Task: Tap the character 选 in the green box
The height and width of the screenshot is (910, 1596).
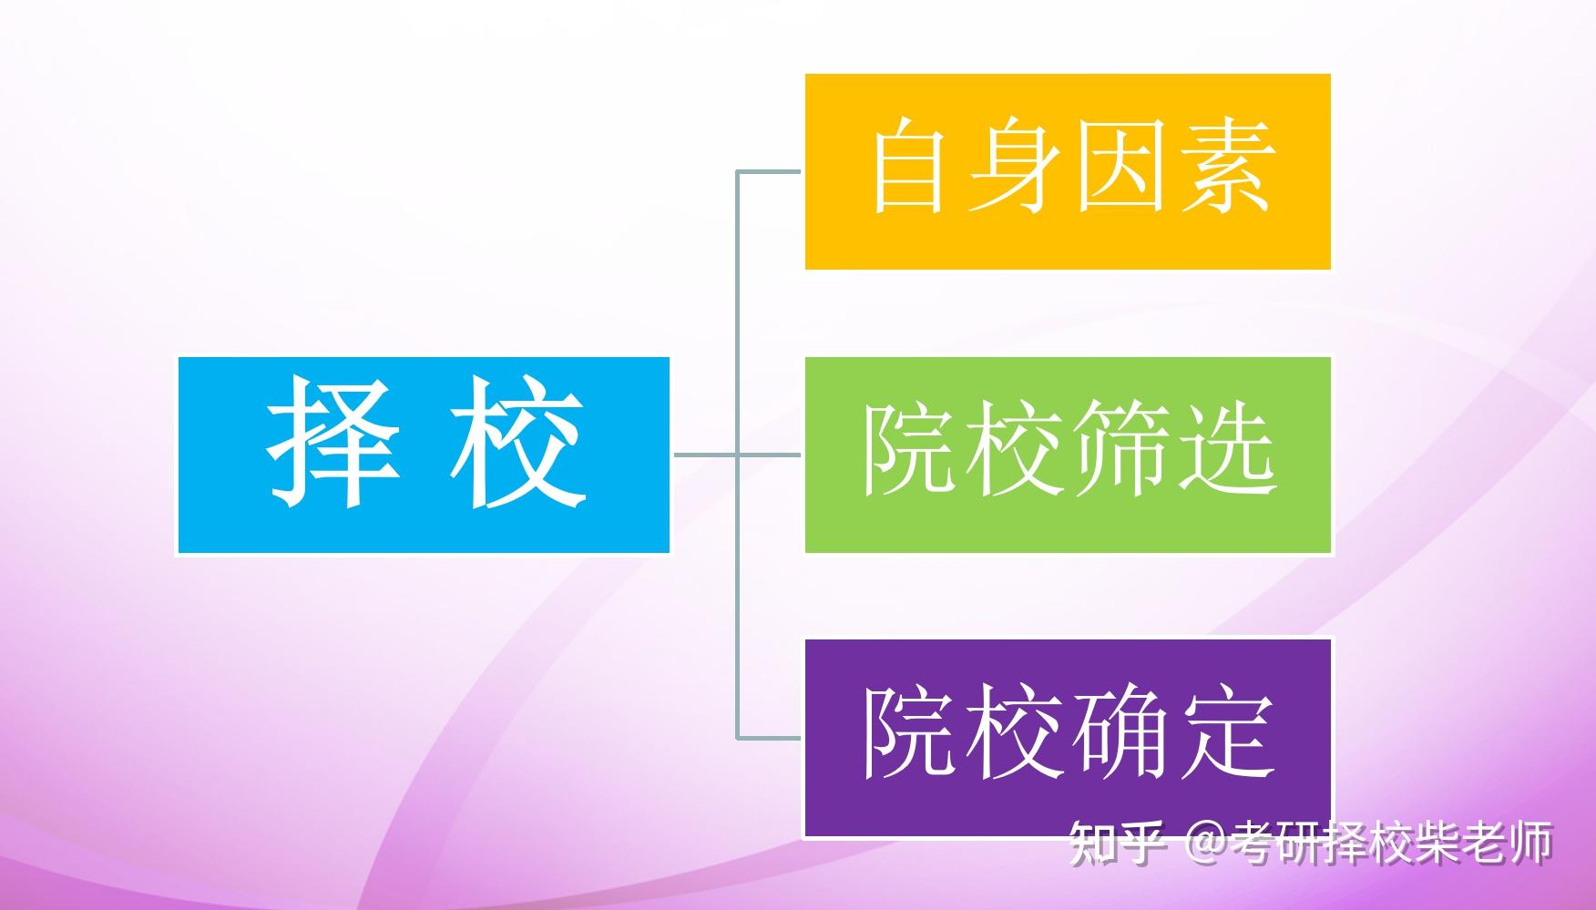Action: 1226,449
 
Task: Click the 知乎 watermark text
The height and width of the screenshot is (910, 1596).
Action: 1117,843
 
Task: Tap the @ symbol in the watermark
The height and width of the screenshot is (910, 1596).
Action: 1206,844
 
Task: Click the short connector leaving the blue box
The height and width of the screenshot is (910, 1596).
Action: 704,454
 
